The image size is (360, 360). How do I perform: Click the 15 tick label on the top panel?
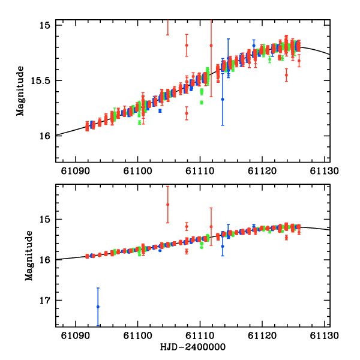(x=44, y=25)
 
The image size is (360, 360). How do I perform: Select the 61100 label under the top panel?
(x=137, y=170)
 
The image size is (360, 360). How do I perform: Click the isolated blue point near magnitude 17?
(x=98, y=307)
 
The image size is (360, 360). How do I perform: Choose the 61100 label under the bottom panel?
(x=137, y=335)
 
